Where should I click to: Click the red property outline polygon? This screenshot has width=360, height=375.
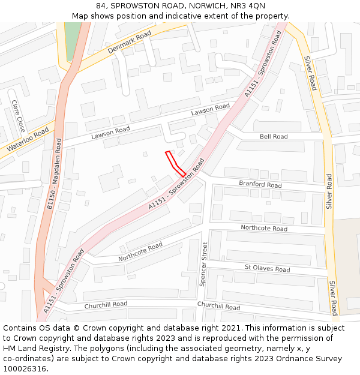176,163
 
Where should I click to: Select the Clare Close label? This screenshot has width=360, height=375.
18,116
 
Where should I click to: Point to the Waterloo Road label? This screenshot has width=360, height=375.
28,140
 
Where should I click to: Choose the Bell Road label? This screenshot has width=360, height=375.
274,137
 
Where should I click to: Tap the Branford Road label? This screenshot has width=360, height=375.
260,184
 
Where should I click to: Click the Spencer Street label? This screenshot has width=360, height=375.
203,264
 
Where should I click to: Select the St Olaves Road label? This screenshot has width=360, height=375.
266,266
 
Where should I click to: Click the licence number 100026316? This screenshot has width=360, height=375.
25,369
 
